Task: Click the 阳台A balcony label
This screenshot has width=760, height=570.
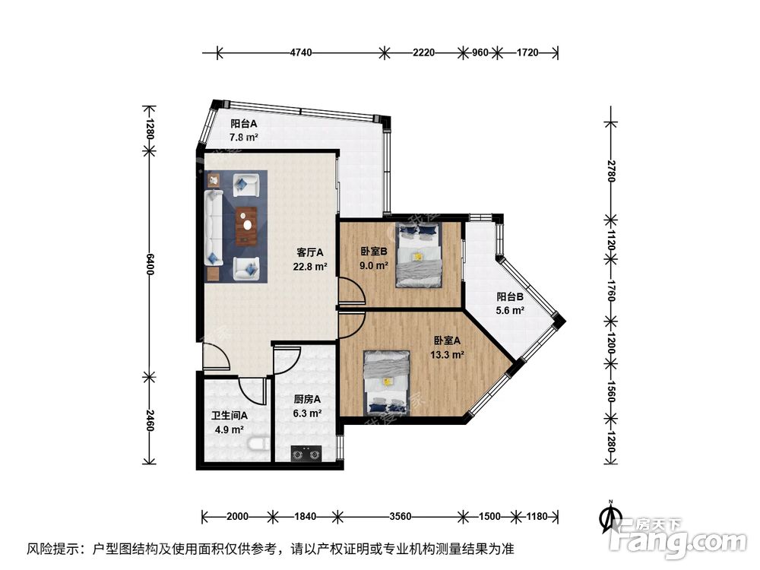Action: click(x=244, y=124)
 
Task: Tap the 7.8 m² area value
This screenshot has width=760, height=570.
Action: click(x=244, y=137)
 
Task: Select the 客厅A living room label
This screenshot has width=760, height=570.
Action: click(x=310, y=252)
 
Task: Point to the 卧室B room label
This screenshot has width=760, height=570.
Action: click(x=373, y=252)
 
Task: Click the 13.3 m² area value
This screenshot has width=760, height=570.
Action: click(x=448, y=355)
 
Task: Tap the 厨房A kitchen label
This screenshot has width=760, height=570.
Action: click(x=307, y=400)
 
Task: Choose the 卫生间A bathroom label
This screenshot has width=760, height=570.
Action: click(x=230, y=416)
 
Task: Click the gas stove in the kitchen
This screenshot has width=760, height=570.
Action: click(x=306, y=454)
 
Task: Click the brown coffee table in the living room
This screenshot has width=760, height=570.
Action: click(x=247, y=226)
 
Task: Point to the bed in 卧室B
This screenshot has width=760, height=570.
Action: click(x=419, y=255)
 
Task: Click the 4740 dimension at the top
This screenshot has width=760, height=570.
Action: click(x=301, y=52)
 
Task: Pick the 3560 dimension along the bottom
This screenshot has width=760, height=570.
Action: click(x=401, y=517)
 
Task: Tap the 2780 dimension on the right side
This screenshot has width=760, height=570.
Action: click(x=611, y=171)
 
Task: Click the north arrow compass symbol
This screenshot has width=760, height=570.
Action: click(x=611, y=516)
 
